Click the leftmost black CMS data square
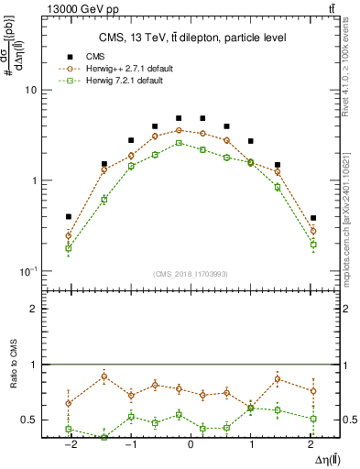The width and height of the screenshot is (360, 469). point(69,217)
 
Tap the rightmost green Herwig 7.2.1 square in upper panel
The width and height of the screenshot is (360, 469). point(313,245)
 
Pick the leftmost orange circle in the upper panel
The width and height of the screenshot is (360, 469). point(69,235)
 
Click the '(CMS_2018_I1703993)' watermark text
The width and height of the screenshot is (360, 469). point(191,274)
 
